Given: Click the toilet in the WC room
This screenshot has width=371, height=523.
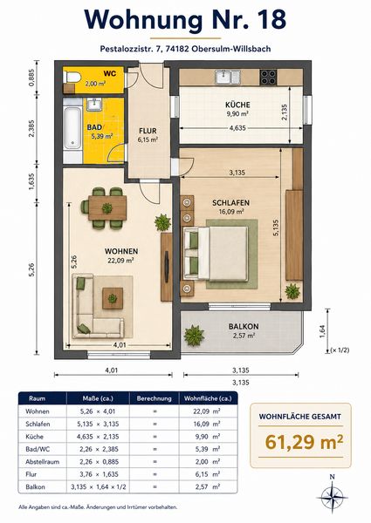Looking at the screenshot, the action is coord(72,78).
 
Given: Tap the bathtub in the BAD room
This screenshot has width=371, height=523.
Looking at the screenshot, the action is coord(72,128).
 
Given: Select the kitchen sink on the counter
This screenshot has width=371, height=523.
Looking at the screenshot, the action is coord(228,77).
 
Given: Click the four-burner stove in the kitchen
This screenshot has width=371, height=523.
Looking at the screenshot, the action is coord(268,77).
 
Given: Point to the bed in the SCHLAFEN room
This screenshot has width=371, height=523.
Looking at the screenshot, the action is coord(216,253).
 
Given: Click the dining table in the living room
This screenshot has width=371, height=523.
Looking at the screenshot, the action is coord(107,208).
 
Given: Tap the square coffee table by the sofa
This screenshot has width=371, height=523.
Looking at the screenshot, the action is coord(113,298).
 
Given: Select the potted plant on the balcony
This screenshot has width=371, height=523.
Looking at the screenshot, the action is coord(194,335).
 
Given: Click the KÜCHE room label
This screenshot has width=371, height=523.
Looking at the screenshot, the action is coord(237,105).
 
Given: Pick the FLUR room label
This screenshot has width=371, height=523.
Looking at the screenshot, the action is coord(148,131).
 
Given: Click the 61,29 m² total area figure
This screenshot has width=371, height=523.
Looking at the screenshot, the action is coord(304,442).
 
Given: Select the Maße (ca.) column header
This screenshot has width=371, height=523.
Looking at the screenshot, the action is coord(98,398).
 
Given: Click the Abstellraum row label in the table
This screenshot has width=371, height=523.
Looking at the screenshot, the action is coord(43,462).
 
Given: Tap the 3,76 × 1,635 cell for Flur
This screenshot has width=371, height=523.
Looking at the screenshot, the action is coord(99,474).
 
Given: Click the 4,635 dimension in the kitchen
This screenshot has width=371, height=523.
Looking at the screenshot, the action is coord(237,128).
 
